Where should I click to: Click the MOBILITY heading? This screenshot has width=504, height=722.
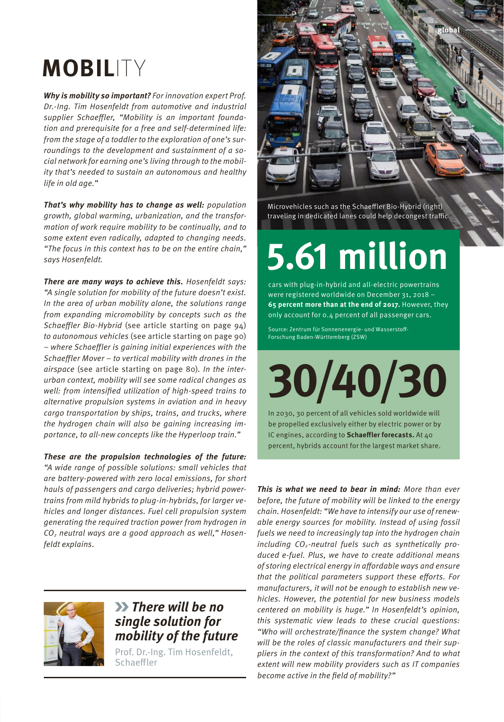(94, 69)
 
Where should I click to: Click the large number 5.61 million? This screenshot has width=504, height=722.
(357, 256)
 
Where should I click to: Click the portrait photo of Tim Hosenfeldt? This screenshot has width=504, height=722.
(74, 634)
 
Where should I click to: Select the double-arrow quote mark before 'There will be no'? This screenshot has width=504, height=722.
(121, 607)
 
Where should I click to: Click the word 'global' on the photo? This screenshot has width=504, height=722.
(448, 30)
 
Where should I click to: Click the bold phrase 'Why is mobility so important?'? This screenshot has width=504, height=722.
(97, 96)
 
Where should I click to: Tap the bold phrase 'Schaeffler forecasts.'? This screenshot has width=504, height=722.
(380, 435)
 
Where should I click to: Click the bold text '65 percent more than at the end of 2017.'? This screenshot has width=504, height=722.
(334, 305)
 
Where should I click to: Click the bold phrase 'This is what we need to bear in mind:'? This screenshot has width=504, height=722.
(328, 489)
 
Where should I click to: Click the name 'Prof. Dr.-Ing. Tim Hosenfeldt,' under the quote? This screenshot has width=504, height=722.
(174, 652)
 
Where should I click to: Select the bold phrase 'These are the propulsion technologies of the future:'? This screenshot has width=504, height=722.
(145, 457)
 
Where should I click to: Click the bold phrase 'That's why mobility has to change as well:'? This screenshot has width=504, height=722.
(124, 205)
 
